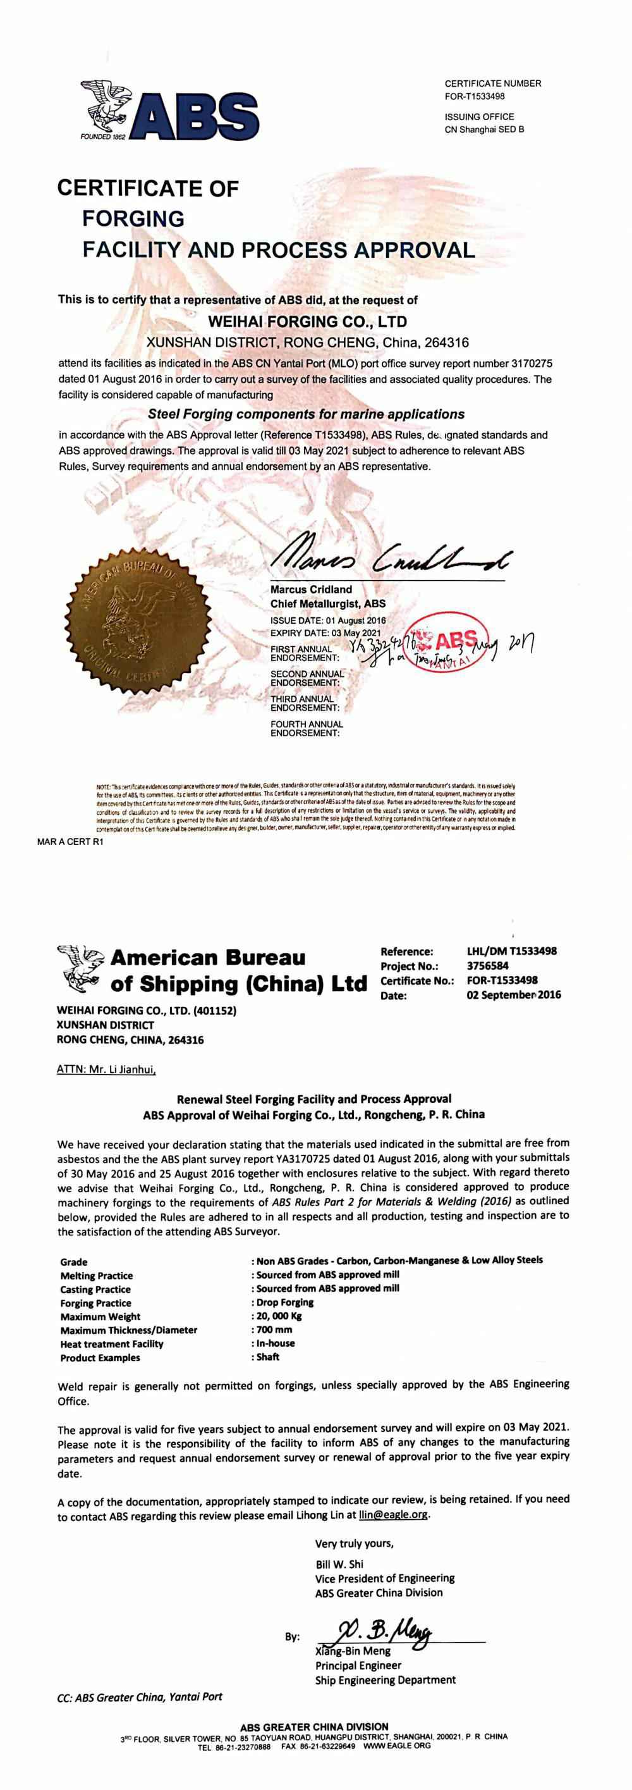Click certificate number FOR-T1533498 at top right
(475, 97)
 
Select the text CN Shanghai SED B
(484, 129)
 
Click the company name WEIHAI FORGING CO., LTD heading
(308, 322)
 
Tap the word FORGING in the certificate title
(133, 219)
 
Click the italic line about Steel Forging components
(307, 414)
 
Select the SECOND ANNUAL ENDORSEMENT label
(307, 678)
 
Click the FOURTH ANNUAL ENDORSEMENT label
(307, 728)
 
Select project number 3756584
(487, 966)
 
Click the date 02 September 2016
(513, 994)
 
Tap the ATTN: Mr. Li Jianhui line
(106, 1070)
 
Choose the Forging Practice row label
(95, 1303)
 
